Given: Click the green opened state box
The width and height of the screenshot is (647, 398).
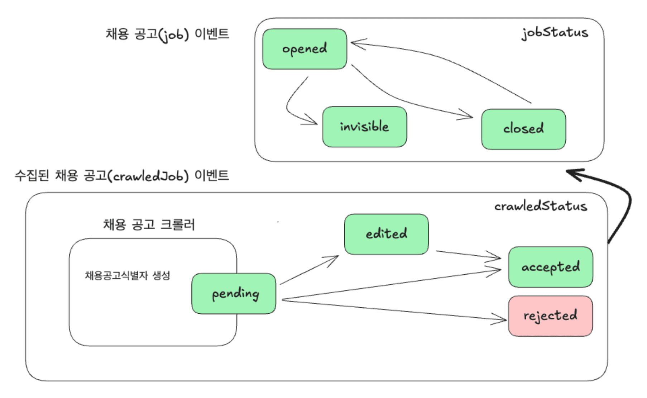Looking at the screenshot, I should (x=305, y=49).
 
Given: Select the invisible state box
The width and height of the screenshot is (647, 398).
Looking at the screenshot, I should (x=364, y=127).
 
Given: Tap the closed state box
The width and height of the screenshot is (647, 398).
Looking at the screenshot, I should (x=523, y=129).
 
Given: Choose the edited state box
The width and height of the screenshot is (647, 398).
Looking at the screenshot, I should (x=386, y=234).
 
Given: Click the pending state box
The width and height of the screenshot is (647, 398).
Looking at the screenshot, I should (x=234, y=294).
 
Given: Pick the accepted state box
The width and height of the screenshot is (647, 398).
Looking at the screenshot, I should (x=550, y=267).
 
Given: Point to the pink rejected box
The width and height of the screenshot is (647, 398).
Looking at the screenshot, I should (x=550, y=316).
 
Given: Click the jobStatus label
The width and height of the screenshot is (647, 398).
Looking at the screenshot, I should (x=555, y=33).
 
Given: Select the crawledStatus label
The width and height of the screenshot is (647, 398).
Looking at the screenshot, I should (x=541, y=206).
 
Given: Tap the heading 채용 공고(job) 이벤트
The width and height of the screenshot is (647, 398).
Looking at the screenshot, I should (x=167, y=34).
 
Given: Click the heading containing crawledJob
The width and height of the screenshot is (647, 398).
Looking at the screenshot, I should (x=122, y=176).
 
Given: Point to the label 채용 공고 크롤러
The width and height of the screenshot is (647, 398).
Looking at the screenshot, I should (x=149, y=225).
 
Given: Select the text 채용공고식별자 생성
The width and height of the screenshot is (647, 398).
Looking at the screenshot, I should (x=127, y=276).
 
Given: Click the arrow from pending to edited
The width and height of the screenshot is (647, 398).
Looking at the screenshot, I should (x=308, y=271).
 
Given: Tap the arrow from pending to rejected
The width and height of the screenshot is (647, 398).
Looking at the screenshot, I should (x=394, y=309).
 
